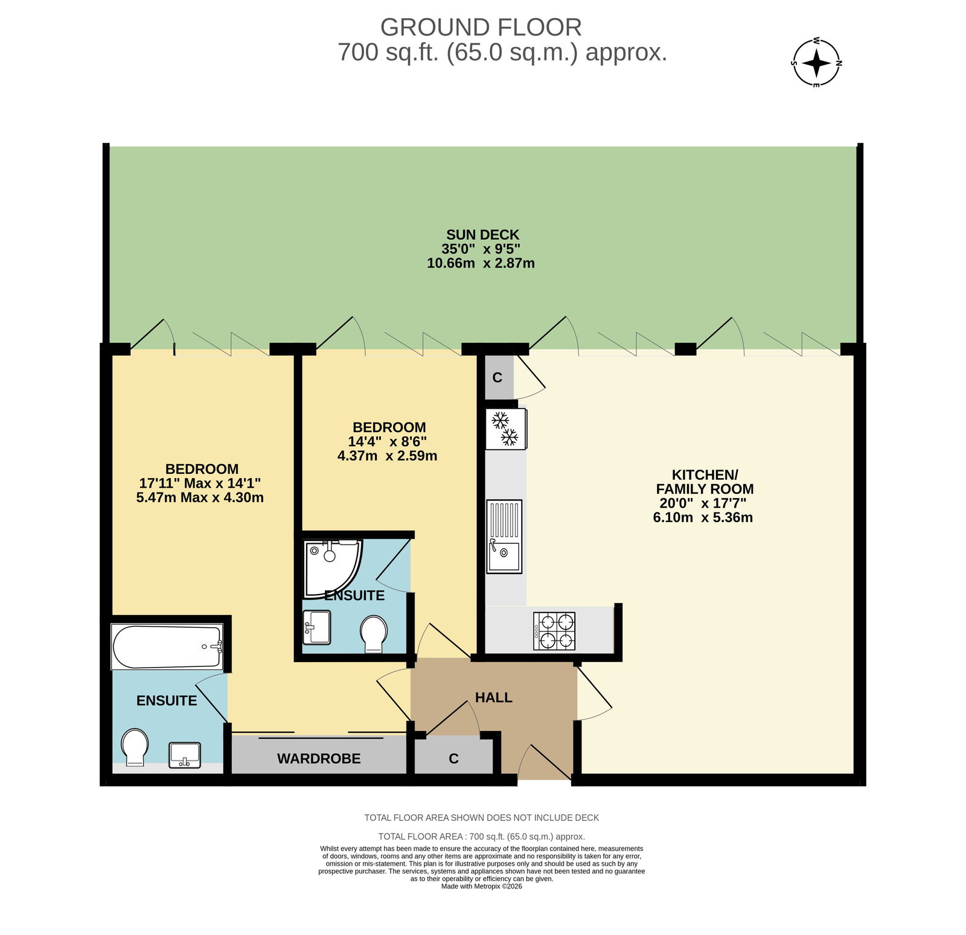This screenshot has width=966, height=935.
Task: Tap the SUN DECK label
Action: coord(482,235)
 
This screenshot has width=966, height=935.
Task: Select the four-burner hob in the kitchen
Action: coord(554,631)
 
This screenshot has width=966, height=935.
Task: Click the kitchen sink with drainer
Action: coord(504,536)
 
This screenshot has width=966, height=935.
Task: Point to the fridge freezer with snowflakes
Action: coord(506,429)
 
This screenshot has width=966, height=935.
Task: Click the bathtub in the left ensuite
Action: coord(167,646)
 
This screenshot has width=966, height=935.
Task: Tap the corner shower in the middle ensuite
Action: coord(333,569)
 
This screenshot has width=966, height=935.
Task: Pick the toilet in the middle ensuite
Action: coord(374,634)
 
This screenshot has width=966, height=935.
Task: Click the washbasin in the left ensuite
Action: coord(185,755)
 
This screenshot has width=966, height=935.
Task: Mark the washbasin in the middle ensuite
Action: coord(317,627)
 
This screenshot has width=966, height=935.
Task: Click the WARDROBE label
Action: coord(319,759)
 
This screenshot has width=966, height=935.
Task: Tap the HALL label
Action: coord(494,698)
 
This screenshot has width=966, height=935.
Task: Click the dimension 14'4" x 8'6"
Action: coord(388,442)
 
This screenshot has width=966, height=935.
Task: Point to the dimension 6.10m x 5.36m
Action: coord(703,517)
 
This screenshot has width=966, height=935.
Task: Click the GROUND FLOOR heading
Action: coord(481,28)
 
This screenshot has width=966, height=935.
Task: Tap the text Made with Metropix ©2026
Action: coord(482,886)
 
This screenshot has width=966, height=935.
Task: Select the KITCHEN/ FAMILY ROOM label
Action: coord(705,482)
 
